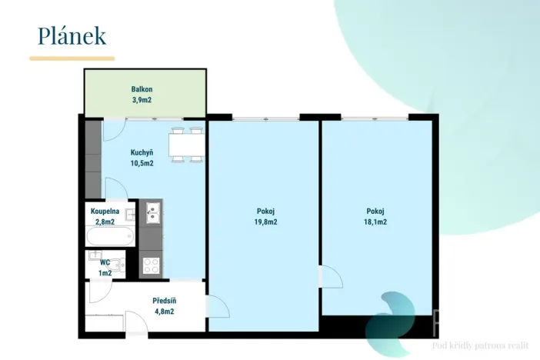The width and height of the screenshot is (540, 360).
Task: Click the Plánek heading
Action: point(72,36)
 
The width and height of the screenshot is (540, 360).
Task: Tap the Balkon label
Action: point(142,89)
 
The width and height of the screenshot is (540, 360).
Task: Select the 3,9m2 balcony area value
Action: point(142,100)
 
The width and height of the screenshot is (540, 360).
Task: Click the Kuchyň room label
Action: point(142,152)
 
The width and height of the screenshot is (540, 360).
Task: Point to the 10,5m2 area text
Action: point(142,163)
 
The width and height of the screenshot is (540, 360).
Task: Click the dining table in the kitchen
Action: point(187,145)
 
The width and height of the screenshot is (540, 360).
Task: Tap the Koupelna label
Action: point(105,212)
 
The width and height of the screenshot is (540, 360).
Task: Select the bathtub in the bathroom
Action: point(110,236)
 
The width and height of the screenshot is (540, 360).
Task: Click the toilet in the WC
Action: point(119,265)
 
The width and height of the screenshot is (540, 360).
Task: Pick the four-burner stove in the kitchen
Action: point(152,266)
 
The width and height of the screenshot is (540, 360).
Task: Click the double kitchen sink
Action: point(152,213)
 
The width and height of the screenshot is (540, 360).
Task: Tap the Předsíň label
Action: point(165,301)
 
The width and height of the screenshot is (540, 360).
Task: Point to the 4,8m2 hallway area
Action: point(165,312)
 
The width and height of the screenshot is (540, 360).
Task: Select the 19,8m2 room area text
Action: point(265,222)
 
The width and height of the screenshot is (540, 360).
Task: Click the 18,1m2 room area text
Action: point(375,222)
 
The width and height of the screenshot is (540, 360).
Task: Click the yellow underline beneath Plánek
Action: point(72,58)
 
